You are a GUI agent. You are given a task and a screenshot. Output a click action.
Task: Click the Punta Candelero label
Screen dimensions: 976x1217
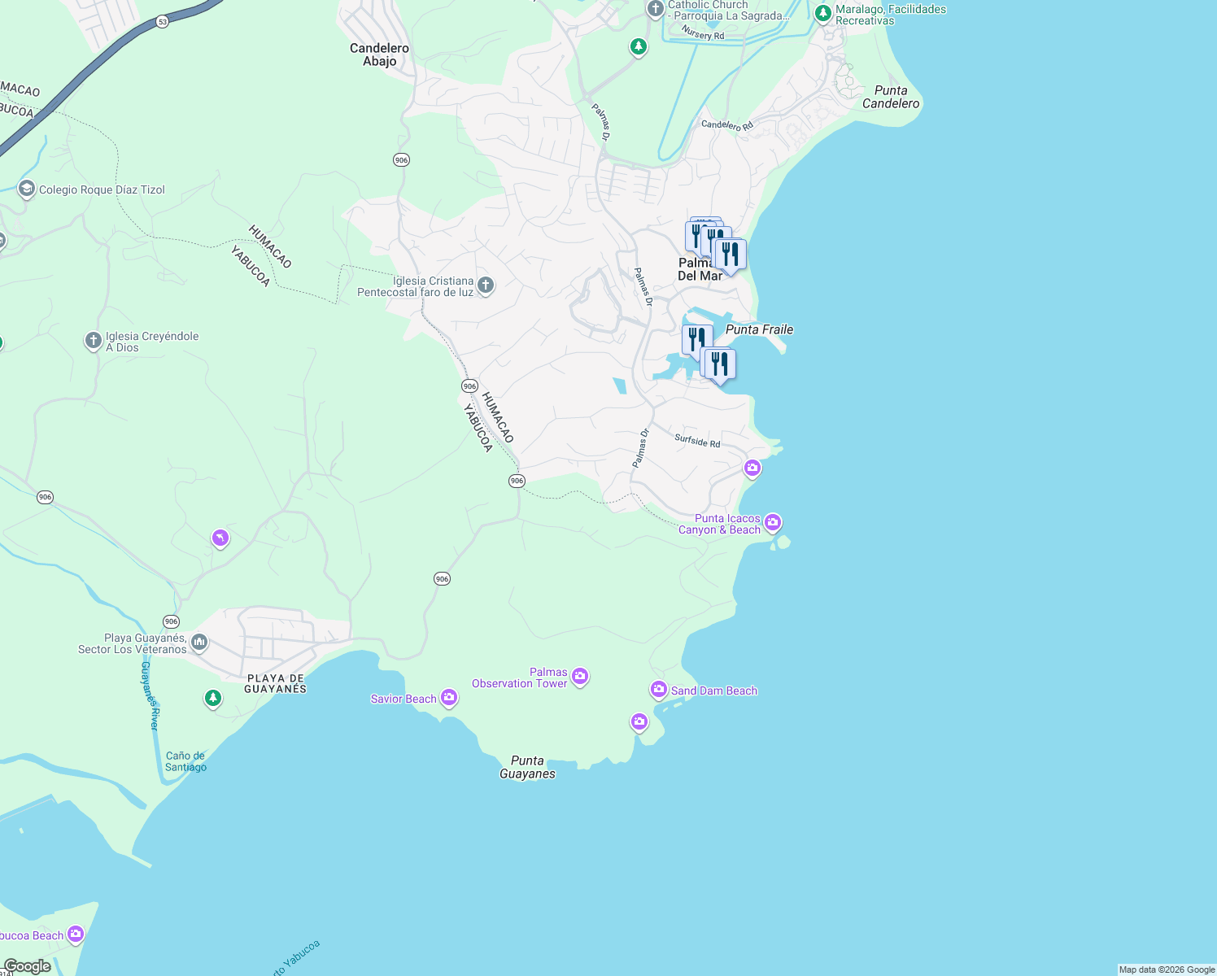pyautogui.click(x=891, y=97)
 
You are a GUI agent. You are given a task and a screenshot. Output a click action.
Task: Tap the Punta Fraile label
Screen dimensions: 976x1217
pyautogui.click(x=759, y=329)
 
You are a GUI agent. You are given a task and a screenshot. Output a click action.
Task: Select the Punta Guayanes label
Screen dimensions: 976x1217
pyautogui.click(x=527, y=767)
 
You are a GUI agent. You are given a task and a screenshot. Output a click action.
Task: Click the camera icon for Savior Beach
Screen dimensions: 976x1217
pyautogui.click(x=448, y=697)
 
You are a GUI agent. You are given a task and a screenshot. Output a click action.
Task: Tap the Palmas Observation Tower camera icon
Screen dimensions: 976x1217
pyautogui.click(x=580, y=676)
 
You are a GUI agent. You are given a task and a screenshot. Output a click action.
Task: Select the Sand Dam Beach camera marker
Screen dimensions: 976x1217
pyautogui.click(x=658, y=689)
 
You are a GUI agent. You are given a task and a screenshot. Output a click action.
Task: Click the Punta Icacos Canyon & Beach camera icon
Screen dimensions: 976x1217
pyautogui.click(x=773, y=521)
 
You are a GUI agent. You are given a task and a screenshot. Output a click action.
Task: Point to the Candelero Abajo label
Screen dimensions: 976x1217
pyautogui.click(x=379, y=54)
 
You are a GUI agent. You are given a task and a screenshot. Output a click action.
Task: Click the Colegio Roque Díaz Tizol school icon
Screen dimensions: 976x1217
pyautogui.click(x=26, y=190)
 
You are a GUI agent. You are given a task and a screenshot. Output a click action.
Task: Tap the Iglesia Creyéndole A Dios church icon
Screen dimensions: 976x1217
pyautogui.click(x=94, y=341)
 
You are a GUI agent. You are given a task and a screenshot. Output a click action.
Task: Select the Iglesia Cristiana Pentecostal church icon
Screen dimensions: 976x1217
pyautogui.click(x=486, y=285)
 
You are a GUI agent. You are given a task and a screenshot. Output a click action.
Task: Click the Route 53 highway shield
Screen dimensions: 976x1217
pyautogui.click(x=163, y=22)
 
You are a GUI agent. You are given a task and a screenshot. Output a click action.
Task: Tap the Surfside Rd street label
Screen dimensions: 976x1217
pyautogui.click(x=697, y=441)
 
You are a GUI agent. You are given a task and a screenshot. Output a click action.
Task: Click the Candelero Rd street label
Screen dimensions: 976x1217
pyautogui.click(x=727, y=125)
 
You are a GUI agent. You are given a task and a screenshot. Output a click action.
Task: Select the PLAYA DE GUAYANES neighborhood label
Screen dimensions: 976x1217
pyautogui.click(x=276, y=683)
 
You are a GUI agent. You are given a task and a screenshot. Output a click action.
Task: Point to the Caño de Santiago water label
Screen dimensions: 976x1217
pyautogui.click(x=185, y=761)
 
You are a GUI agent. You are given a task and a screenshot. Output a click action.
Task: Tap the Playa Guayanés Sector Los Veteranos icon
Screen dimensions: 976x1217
pyautogui.click(x=199, y=643)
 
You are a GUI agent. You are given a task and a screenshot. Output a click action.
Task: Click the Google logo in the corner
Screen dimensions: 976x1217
pyautogui.click(x=27, y=966)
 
